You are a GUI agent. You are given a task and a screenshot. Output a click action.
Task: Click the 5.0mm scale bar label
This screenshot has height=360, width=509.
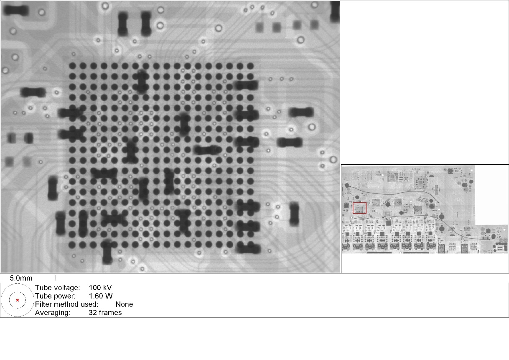[21, 278]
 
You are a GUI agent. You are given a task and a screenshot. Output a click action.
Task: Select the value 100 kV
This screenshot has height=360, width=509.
[100, 287]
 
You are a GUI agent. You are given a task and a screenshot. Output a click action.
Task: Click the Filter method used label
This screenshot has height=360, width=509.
[66, 304]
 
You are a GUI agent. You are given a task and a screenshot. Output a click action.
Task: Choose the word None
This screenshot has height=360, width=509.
[124, 304]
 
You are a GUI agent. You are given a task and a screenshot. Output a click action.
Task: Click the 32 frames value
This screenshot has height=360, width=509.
[105, 312]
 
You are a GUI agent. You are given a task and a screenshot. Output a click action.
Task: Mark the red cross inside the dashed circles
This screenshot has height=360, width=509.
[17, 300]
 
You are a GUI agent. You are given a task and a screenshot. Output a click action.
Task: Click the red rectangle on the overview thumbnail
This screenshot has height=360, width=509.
[359, 208]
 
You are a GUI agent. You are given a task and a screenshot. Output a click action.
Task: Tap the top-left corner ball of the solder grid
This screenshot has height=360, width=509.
[73, 66]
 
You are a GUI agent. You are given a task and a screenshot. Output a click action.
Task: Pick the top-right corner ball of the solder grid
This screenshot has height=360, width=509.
[250, 66]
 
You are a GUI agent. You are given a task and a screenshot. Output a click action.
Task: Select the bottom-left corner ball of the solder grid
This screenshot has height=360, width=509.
[73, 244]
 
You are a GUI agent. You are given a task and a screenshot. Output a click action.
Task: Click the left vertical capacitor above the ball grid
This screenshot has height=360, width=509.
[123, 23]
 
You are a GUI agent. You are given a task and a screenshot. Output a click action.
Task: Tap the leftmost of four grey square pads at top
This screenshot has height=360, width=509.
[260, 28]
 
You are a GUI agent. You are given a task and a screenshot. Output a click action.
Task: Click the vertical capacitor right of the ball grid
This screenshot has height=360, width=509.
[295, 213]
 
